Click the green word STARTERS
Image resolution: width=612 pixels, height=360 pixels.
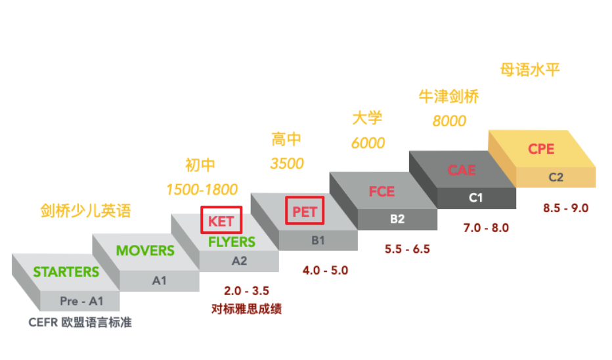tap(66, 272)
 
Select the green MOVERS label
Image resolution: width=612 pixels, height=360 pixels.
tap(145, 250)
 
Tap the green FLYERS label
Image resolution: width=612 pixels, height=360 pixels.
tap(232, 242)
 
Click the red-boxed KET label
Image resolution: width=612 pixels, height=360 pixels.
tap(221, 221)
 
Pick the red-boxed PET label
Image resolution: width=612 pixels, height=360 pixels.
tap(305, 212)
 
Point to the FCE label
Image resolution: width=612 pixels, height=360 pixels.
tap(382, 192)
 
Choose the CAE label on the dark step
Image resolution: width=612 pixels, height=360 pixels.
tap(462, 169)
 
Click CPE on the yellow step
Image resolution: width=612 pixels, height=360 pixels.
tap(541, 149)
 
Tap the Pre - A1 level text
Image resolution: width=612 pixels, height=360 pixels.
tap(81, 302)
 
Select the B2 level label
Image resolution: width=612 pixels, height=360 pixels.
tap(397, 219)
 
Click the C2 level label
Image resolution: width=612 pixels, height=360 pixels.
tap(556, 177)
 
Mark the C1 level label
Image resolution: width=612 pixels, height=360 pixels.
tap(476, 197)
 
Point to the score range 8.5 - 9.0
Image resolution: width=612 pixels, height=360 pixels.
tap(566, 208)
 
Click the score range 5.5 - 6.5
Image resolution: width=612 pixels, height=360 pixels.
tap(407, 250)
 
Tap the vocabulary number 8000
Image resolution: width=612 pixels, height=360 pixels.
tap(449, 121)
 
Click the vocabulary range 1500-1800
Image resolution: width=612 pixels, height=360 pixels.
tap(202, 190)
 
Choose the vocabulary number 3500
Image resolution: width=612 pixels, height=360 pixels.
tap(287, 163)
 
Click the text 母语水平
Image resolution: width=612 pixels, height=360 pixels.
tap(530, 70)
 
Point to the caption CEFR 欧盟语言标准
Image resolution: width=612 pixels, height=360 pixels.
tap(80, 323)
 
